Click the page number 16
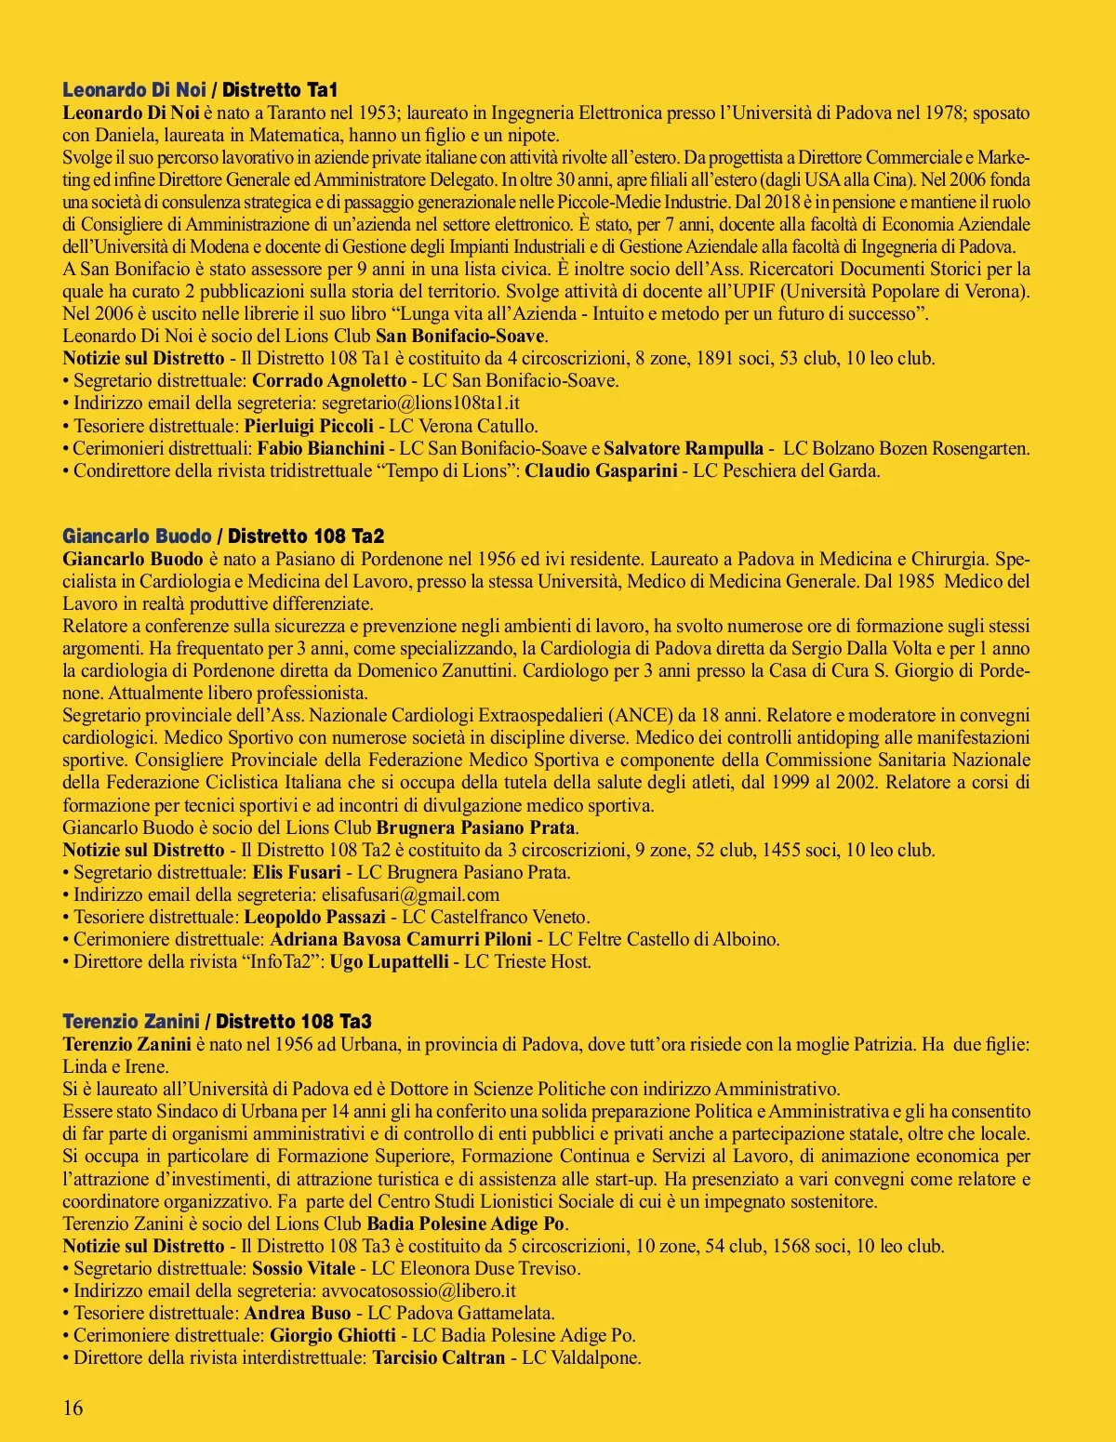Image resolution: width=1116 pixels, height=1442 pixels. (73, 1408)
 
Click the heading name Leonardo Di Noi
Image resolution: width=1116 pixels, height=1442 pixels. (134, 90)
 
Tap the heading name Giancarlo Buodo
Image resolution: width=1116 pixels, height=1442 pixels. (137, 536)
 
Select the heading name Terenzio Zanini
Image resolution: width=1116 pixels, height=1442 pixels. (131, 1022)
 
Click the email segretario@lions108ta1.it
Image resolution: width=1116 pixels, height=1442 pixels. (420, 403)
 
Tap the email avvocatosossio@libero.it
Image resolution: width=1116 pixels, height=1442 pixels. (418, 1291)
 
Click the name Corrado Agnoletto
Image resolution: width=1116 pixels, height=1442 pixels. (329, 381)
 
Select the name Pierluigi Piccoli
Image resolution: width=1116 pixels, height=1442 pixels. (309, 427)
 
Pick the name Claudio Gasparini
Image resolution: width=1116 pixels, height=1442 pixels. (601, 471)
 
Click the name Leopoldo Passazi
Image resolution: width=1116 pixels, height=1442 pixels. (315, 918)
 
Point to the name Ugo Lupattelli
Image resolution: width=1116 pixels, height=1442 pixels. (389, 962)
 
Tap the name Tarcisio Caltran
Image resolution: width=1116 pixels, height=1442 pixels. (439, 1358)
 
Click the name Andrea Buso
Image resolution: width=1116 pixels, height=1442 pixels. (298, 1314)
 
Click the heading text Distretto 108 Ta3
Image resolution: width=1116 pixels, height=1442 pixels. (294, 1022)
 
